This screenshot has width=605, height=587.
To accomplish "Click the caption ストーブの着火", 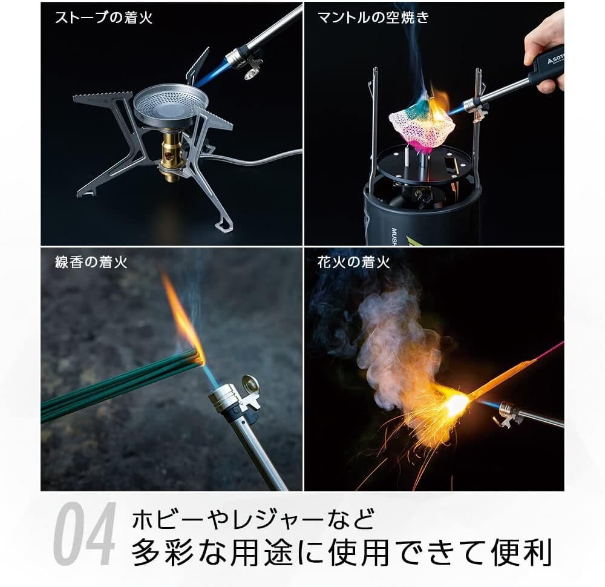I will coord(103,18).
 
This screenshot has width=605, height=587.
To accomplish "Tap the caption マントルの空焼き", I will coord(373,18).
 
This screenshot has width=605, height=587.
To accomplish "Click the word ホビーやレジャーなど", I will coord(254,519).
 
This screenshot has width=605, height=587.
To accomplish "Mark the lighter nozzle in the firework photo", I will coord(511,413).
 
